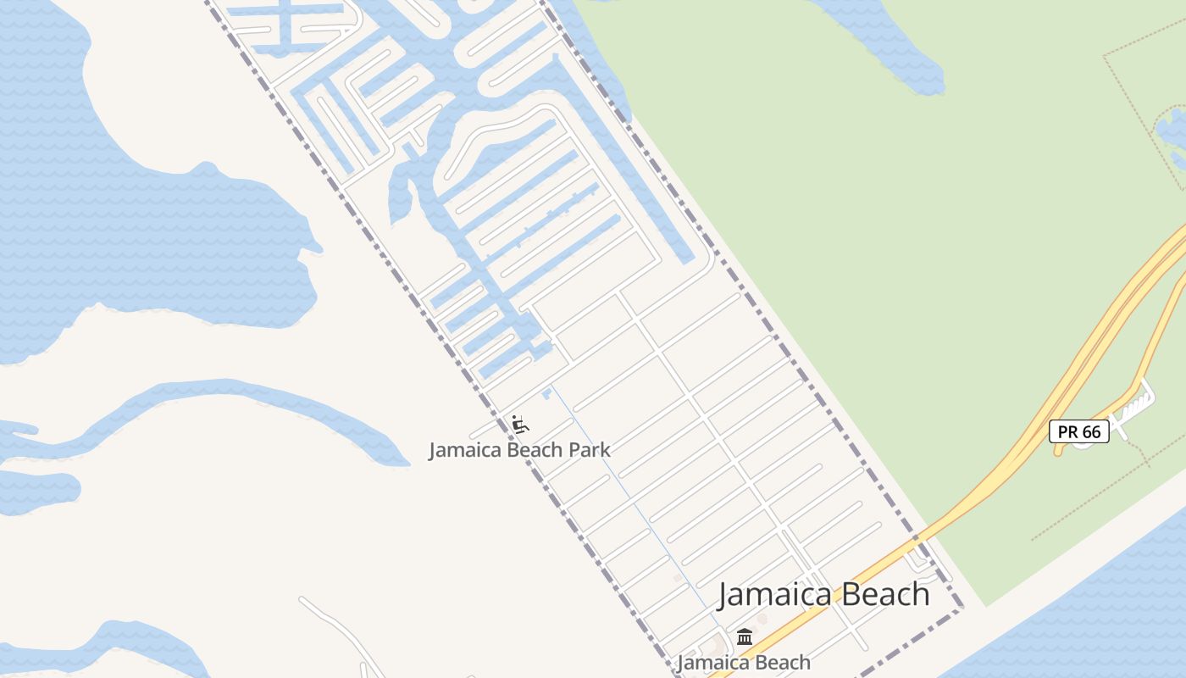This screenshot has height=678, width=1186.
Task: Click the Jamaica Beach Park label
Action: [518, 450]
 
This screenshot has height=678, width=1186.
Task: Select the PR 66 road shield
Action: [1079, 431]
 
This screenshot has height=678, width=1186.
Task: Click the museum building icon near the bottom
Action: [745, 636]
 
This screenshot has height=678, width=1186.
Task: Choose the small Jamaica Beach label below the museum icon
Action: [744, 663]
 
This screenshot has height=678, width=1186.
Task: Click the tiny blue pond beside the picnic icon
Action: [546, 392]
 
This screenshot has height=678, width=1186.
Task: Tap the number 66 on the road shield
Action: [1091, 431]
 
